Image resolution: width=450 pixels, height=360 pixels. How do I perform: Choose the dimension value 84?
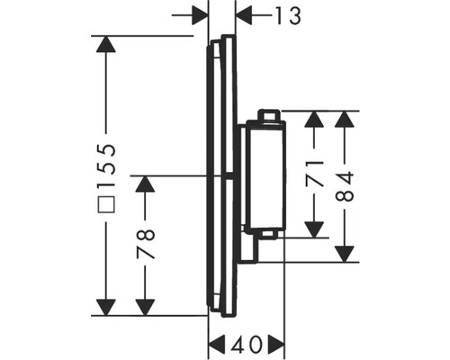[346, 185]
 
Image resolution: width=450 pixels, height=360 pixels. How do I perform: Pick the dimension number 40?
[247, 343]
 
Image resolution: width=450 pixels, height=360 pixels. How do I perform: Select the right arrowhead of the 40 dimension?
[275, 343]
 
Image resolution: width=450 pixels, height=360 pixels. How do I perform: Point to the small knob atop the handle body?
[267, 114]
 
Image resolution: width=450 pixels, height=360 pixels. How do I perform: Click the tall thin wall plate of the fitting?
[222, 175]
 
